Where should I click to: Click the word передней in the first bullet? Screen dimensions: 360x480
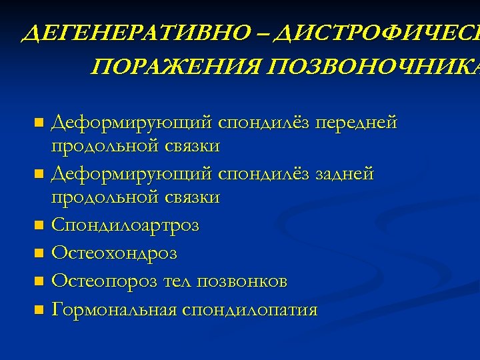pyautogui.click(x=357, y=123)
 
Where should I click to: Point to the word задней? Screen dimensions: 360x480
pyautogui.click(x=345, y=175)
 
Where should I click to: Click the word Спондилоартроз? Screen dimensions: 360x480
pyautogui.click(x=125, y=226)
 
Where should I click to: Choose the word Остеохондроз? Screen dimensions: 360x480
pyautogui.click(x=114, y=253)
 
